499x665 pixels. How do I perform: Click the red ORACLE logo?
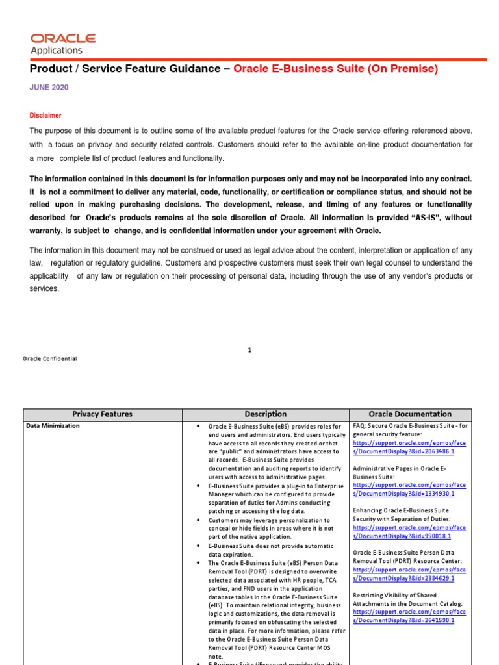[x=63, y=39]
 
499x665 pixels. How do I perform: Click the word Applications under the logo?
[x=57, y=51]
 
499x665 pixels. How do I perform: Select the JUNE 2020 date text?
[x=49, y=87]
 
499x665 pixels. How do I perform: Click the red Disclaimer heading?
[x=45, y=115]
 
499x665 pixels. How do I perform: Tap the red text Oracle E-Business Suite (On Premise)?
[x=335, y=69]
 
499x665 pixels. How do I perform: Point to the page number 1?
[x=249, y=350]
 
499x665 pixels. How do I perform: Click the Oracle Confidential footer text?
[x=50, y=358]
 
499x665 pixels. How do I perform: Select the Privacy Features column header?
[x=102, y=414]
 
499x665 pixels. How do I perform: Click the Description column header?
[x=265, y=414]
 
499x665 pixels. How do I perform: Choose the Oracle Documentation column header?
[x=410, y=414]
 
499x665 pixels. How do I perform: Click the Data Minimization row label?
[x=53, y=426]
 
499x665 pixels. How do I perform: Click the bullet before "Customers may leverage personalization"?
[x=197, y=521]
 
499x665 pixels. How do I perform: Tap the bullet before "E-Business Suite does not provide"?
[x=197, y=546]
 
